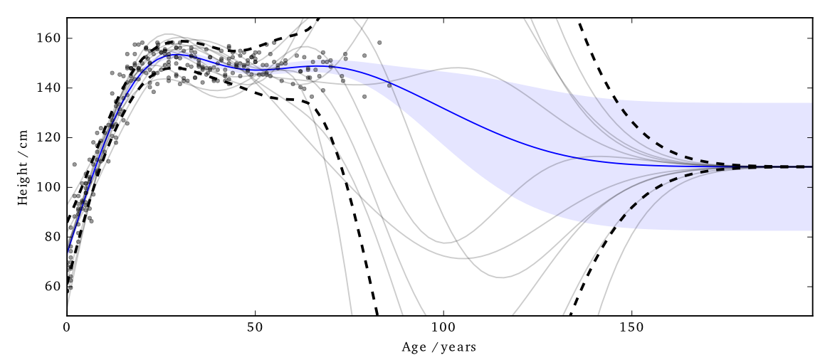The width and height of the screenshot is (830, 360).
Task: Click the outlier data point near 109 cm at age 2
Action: (74, 164)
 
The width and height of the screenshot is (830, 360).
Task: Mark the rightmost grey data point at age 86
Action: (389, 85)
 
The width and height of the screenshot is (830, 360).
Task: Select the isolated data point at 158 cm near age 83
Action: (379, 43)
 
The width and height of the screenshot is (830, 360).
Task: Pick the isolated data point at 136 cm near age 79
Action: (364, 97)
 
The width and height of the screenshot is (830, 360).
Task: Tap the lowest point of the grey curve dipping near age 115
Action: (500, 277)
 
